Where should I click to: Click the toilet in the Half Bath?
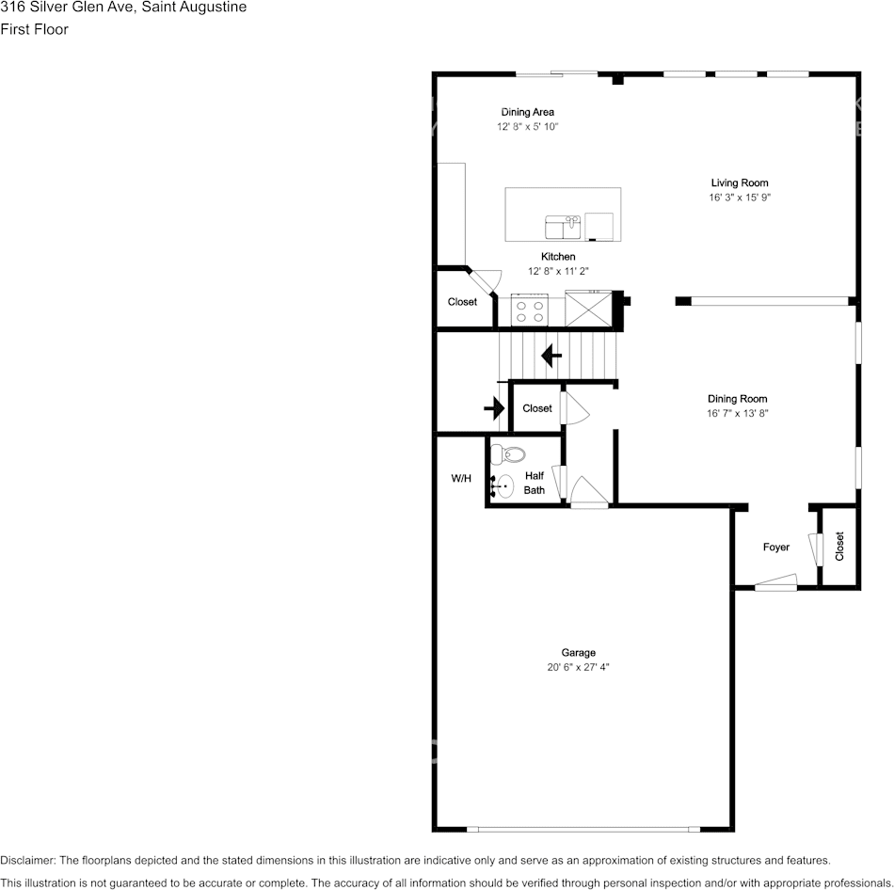pos(508,453)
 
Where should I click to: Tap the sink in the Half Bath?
pos(503,486)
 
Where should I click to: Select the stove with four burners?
pos(530,310)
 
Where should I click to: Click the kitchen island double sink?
pos(563,227)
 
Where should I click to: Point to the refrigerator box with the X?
pos(588,309)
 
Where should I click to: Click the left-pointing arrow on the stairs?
pos(551,356)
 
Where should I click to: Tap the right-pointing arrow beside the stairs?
pos(494,408)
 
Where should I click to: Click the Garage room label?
pos(578,652)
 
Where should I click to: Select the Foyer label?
pos(776,547)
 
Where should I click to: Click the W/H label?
pos(461,478)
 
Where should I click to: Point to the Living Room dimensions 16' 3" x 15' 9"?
pos(740,198)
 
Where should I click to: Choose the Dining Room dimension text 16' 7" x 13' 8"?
pos(737,413)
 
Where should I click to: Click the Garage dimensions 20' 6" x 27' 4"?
pos(578,667)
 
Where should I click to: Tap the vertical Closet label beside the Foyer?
pos(839,547)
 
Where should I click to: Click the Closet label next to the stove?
pos(462,302)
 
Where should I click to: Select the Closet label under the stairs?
pos(537,408)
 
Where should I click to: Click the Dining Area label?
pos(527,112)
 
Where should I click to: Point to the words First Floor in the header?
pos(34,29)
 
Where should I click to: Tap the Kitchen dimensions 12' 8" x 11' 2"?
pos(558,271)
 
